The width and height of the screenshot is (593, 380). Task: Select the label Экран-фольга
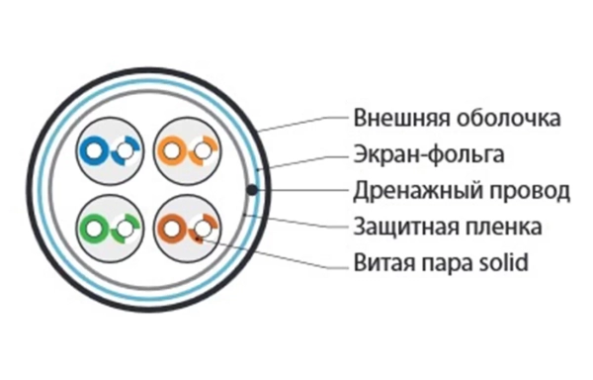pos(429,154)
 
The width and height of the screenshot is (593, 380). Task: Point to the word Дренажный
pos(407,191)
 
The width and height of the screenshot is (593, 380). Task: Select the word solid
pos(503,263)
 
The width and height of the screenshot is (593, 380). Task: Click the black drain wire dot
pos(254,190)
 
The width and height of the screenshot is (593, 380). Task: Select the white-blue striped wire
pos(125,151)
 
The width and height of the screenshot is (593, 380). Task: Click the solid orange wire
pos(175,151)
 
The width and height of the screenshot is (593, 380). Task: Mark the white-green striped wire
pos(125,230)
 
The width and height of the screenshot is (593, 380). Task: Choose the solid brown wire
pos(175,231)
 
